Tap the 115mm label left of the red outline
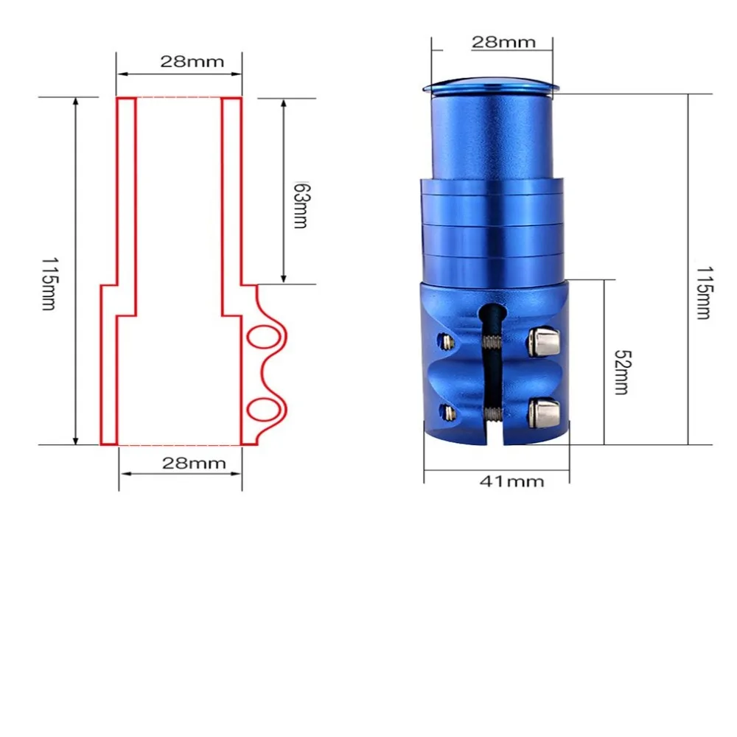pyautogui.click(x=48, y=283)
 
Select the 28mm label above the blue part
pyautogui.click(x=503, y=41)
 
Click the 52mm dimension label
pyautogui.click(x=621, y=371)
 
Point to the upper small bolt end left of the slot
pyautogui.click(x=445, y=340)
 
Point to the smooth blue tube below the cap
pyautogui.click(x=490, y=136)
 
